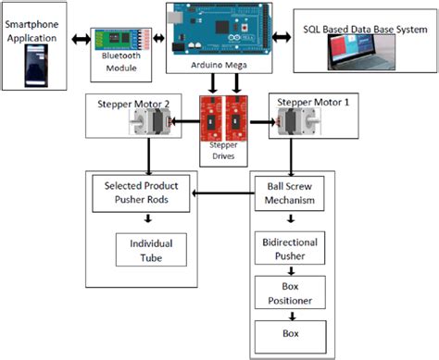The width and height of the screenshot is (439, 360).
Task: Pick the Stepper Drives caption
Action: pyautogui.click(x=223, y=151)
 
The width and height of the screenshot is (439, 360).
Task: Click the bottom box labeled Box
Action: pyautogui.click(x=292, y=329)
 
